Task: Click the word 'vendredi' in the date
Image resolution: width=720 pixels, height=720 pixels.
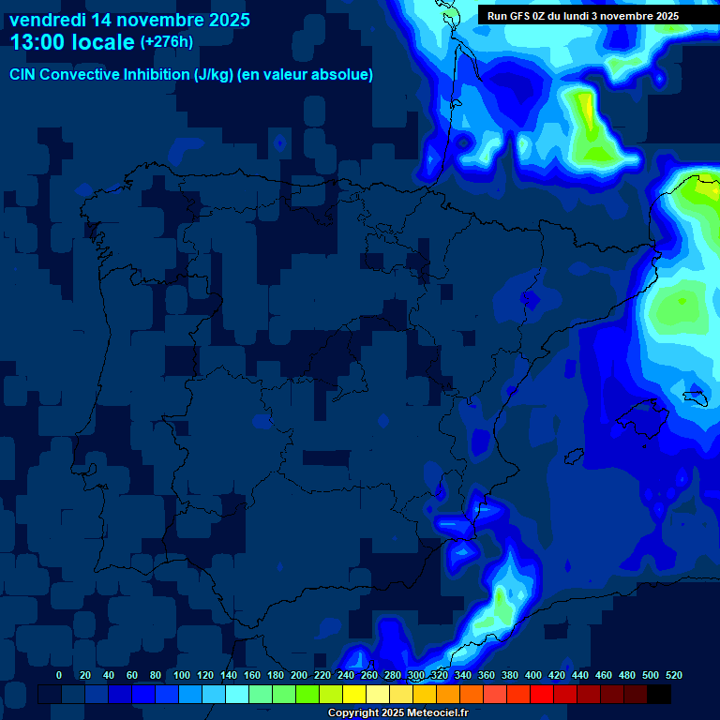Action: click(48, 19)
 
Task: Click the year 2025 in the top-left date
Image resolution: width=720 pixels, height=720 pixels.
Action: click(224, 19)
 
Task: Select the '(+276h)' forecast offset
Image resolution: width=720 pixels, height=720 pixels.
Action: click(167, 42)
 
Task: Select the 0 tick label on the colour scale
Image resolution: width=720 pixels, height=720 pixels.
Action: click(59, 675)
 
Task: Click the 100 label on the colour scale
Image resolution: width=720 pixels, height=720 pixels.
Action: click(182, 675)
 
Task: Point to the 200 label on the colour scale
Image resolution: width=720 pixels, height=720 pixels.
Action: click(299, 675)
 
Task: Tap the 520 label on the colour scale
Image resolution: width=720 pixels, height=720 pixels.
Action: click(673, 675)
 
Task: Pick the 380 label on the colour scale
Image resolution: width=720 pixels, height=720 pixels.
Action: click(510, 675)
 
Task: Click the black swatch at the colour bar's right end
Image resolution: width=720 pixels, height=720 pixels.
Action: click(659, 695)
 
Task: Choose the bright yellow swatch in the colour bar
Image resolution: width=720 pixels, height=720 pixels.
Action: click(354, 695)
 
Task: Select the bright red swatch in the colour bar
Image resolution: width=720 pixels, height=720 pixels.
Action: click(542, 695)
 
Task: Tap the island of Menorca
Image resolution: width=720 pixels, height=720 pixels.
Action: click(695, 397)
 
